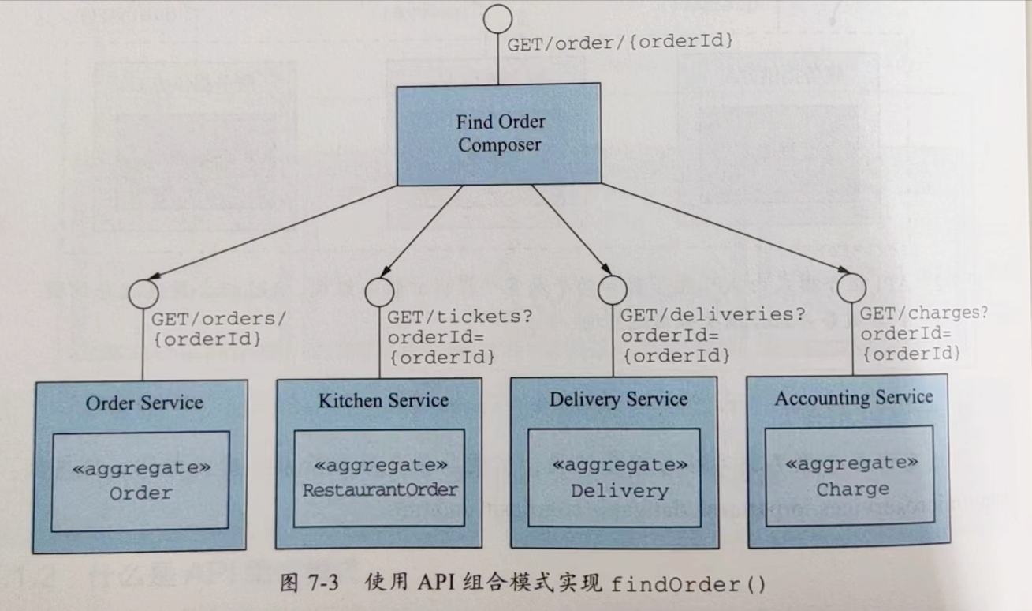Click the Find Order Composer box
(498, 134)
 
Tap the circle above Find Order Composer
(497, 19)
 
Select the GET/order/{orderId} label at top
(620, 43)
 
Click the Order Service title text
(143, 403)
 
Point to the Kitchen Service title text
(383, 400)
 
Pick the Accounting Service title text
(853, 397)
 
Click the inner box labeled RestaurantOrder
(380, 478)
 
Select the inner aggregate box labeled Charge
(851, 477)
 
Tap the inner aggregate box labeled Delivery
(619, 478)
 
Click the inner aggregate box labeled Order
(140, 481)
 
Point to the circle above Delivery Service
(613, 290)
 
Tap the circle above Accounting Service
(851, 287)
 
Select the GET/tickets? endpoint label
(460, 317)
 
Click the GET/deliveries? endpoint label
(712, 315)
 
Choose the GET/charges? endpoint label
(923, 313)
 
